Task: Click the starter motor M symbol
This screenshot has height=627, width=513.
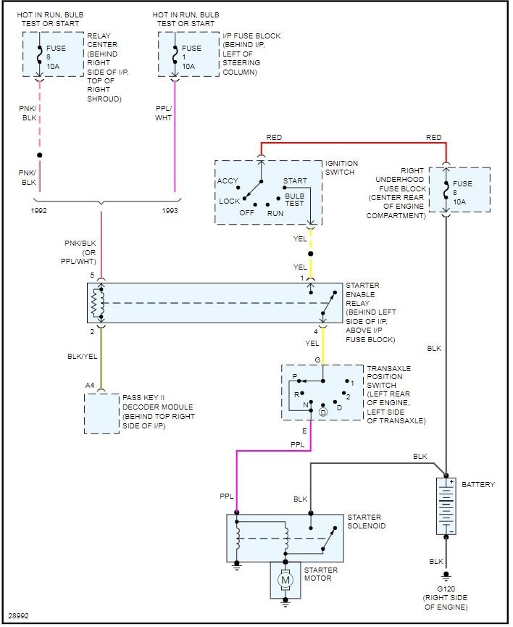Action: [x=285, y=580]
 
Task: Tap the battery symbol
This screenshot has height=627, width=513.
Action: [x=446, y=506]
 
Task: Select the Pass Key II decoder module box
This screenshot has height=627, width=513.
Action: [x=101, y=413]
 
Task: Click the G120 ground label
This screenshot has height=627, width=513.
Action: [x=446, y=589]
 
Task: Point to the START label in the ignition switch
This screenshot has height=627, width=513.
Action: [x=295, y=180]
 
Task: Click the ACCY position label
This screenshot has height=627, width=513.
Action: [x=228, y=180]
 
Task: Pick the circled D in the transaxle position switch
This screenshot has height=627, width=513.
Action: [x=322, y=412]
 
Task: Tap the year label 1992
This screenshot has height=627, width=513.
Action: [x=39, y=211]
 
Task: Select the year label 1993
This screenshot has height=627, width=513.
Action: [x=170, y=211]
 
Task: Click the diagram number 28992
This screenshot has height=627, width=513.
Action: [x=18, y=616]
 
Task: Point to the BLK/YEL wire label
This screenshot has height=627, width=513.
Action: [x=83, y=357]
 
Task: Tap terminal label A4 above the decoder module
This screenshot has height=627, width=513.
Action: [x=90, y=386]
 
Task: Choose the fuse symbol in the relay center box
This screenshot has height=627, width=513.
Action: [x=39, y=55]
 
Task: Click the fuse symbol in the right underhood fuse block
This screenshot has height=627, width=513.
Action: [x=446, y=191]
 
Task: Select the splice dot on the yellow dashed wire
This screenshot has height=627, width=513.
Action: [x=311, y=254]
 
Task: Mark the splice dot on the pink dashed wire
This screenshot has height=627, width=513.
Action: [x=39, y=155]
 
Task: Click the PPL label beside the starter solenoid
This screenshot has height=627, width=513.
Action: [x=226, y=497]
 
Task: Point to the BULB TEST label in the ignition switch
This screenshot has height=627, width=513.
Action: [x=295, y=199]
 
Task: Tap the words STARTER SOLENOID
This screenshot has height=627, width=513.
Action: [x=366, y=522]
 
